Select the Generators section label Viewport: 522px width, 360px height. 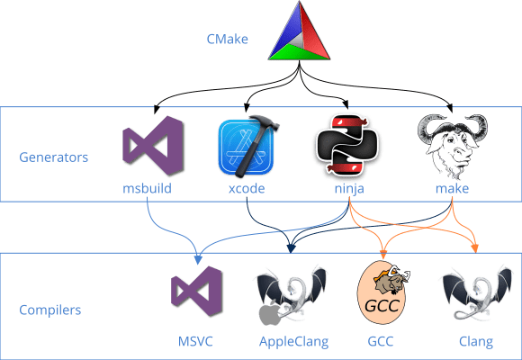point(54,157)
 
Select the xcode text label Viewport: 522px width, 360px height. point(245,189)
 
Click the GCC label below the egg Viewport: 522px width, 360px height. point(383,342)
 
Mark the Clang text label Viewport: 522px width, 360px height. point(475,342)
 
